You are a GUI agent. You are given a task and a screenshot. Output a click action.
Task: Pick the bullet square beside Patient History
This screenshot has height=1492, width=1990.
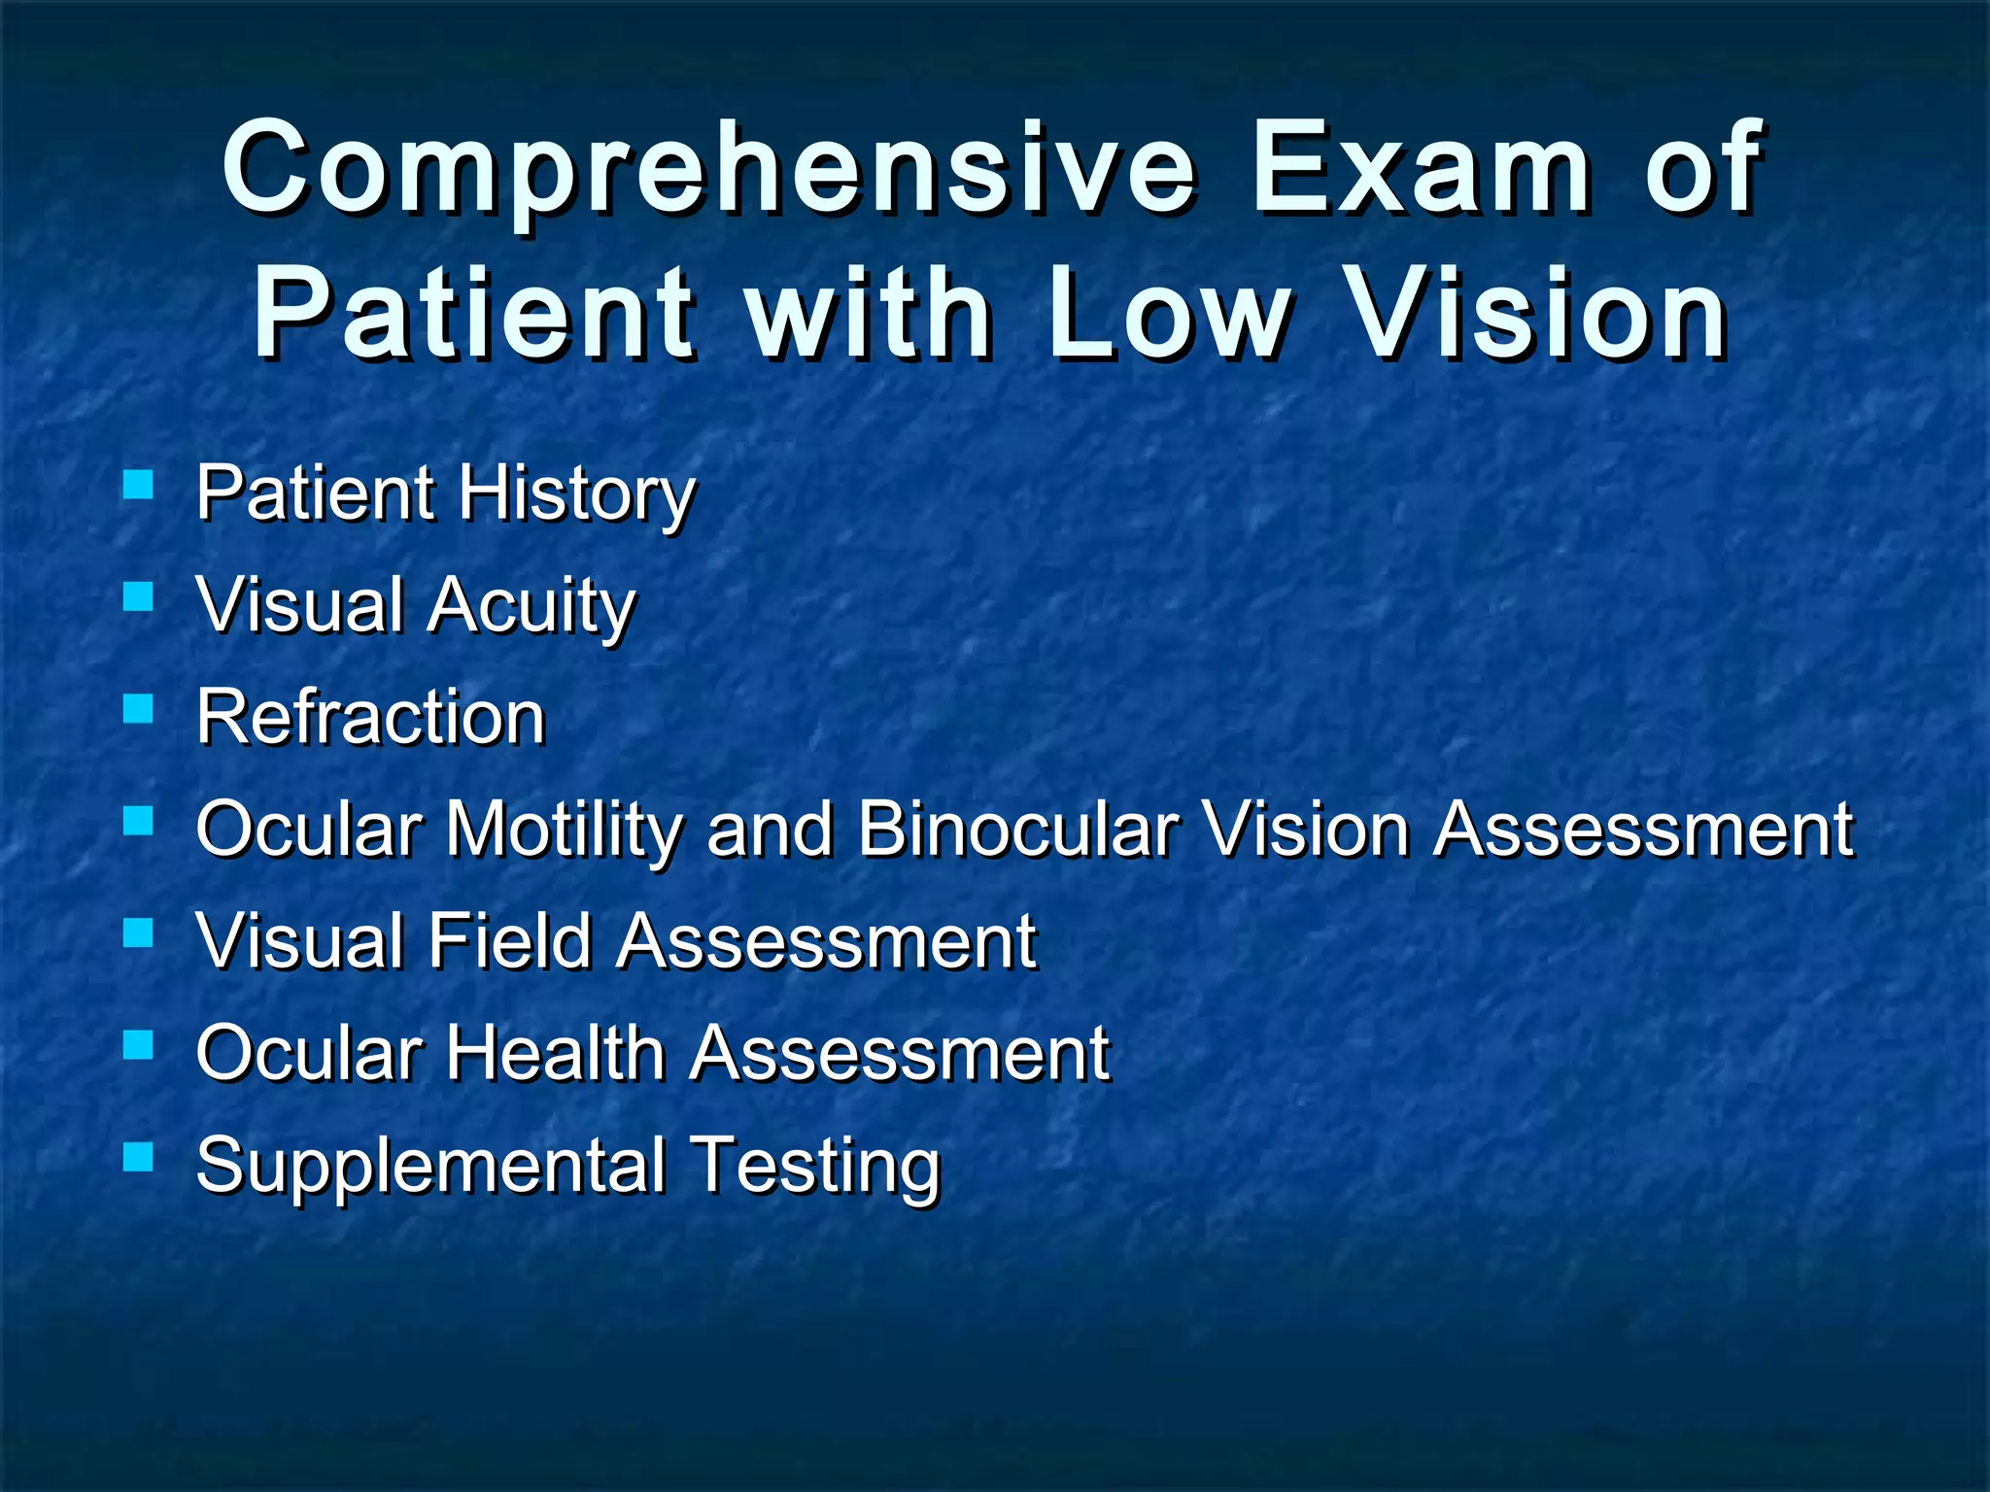(x=139, y=484)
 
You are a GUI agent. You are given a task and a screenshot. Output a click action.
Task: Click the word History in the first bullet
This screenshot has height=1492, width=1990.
(x=577, y=494)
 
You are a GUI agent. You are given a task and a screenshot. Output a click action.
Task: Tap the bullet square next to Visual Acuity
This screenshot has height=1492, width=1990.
(x=139, y=595)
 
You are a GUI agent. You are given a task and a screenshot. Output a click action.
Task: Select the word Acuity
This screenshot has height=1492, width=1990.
(x=532, y=606)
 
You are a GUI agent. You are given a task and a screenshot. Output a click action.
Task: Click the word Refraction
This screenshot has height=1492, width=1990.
(x=370, y=717)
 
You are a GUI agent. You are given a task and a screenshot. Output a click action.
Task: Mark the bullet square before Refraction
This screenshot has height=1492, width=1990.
(x=139, y=708)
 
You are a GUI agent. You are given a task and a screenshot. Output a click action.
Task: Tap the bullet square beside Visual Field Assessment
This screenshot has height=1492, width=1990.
(x=139, y=932)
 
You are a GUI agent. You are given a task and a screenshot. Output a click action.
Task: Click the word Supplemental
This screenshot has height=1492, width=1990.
(x=431, y=1166)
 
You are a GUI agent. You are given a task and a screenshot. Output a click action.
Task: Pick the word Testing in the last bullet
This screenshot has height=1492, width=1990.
(x=815, y=1166)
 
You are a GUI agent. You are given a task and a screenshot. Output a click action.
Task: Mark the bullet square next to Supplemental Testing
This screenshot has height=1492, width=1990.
(x=139, y=1156)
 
